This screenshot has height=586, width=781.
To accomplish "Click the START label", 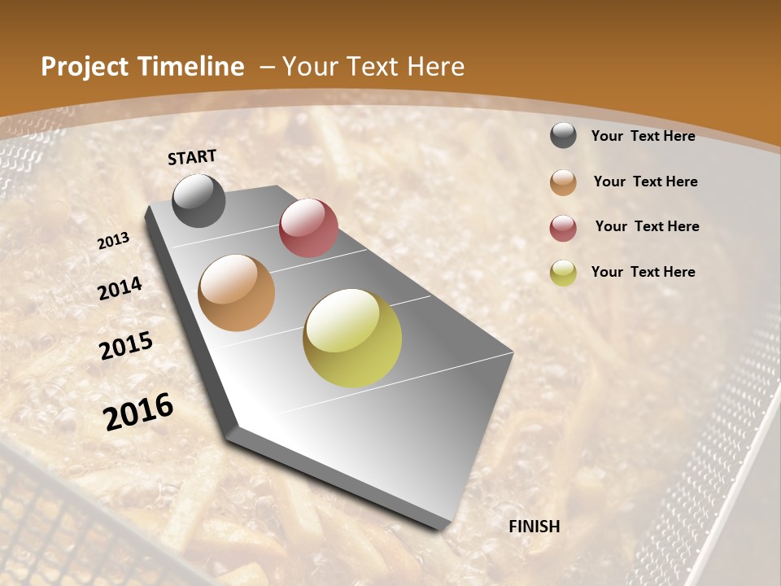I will (192, 157).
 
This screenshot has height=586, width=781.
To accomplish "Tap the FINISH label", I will (534, 527).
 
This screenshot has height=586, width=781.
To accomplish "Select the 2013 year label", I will (114, 241).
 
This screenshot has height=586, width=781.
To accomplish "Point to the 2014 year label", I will (120, 288).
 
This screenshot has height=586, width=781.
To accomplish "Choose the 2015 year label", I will (126, 346).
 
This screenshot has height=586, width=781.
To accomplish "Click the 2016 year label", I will (138, 411).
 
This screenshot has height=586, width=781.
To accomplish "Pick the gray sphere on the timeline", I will (199, 200).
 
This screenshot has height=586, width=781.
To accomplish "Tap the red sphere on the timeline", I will (308, 228).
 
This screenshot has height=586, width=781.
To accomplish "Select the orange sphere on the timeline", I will (237, 293).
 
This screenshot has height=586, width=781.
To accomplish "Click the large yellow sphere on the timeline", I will (352, 338).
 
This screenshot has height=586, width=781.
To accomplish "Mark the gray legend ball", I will (563, 136).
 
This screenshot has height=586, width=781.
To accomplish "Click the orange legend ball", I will (563, 182).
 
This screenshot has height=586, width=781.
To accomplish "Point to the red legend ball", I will (563, 228).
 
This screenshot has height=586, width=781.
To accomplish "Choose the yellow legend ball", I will (563, 273).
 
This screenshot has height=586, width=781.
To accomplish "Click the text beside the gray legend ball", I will (643, 136).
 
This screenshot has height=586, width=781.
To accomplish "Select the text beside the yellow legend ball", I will (643, 272).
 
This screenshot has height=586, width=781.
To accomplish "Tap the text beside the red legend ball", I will (647, 226).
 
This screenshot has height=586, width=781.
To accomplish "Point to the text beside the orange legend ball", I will (645, 181).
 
